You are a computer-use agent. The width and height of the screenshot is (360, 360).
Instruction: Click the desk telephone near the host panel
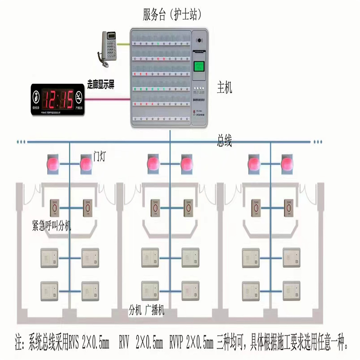click(x=108, y=46)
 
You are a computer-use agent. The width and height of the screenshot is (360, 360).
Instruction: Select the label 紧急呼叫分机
click(x=52, y=225)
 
